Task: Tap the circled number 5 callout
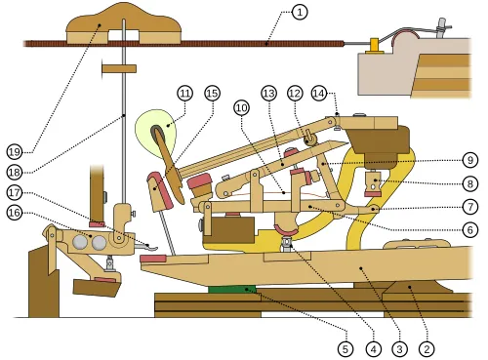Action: coord(344,346)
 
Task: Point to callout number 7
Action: coord(469,207)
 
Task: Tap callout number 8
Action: coord(469,183)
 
